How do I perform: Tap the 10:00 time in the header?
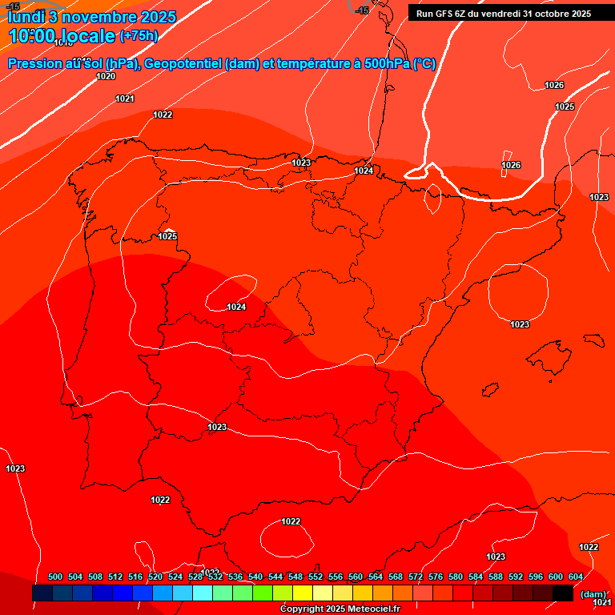35,36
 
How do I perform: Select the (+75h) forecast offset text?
139,36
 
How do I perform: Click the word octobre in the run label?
552,14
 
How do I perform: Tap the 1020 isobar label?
106,77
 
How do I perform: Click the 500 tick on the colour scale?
55,577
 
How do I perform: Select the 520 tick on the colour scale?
155,577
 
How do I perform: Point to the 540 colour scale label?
255,577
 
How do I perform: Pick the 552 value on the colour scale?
316,577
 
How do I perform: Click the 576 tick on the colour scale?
436,577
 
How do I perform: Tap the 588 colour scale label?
496,577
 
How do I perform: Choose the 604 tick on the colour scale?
575,577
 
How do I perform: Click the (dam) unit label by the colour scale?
593,594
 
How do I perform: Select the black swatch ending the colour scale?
562,593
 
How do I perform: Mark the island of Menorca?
593,339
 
